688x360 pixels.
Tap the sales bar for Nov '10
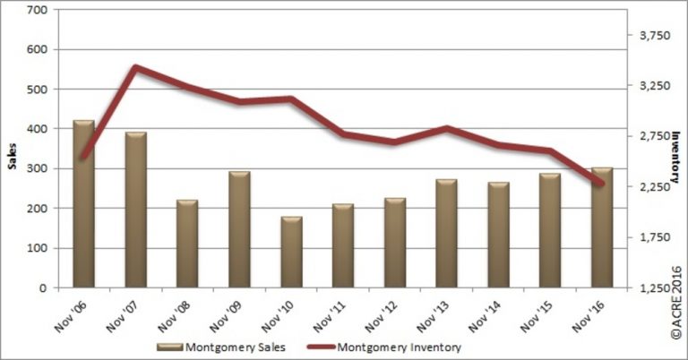point(291,253)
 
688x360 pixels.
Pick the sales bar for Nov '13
point(446,234)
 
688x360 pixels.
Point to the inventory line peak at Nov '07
point(134,67)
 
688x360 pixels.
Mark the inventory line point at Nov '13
point(446,128)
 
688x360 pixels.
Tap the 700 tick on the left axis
point(37,10)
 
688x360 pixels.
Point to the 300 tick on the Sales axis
point(37,168)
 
